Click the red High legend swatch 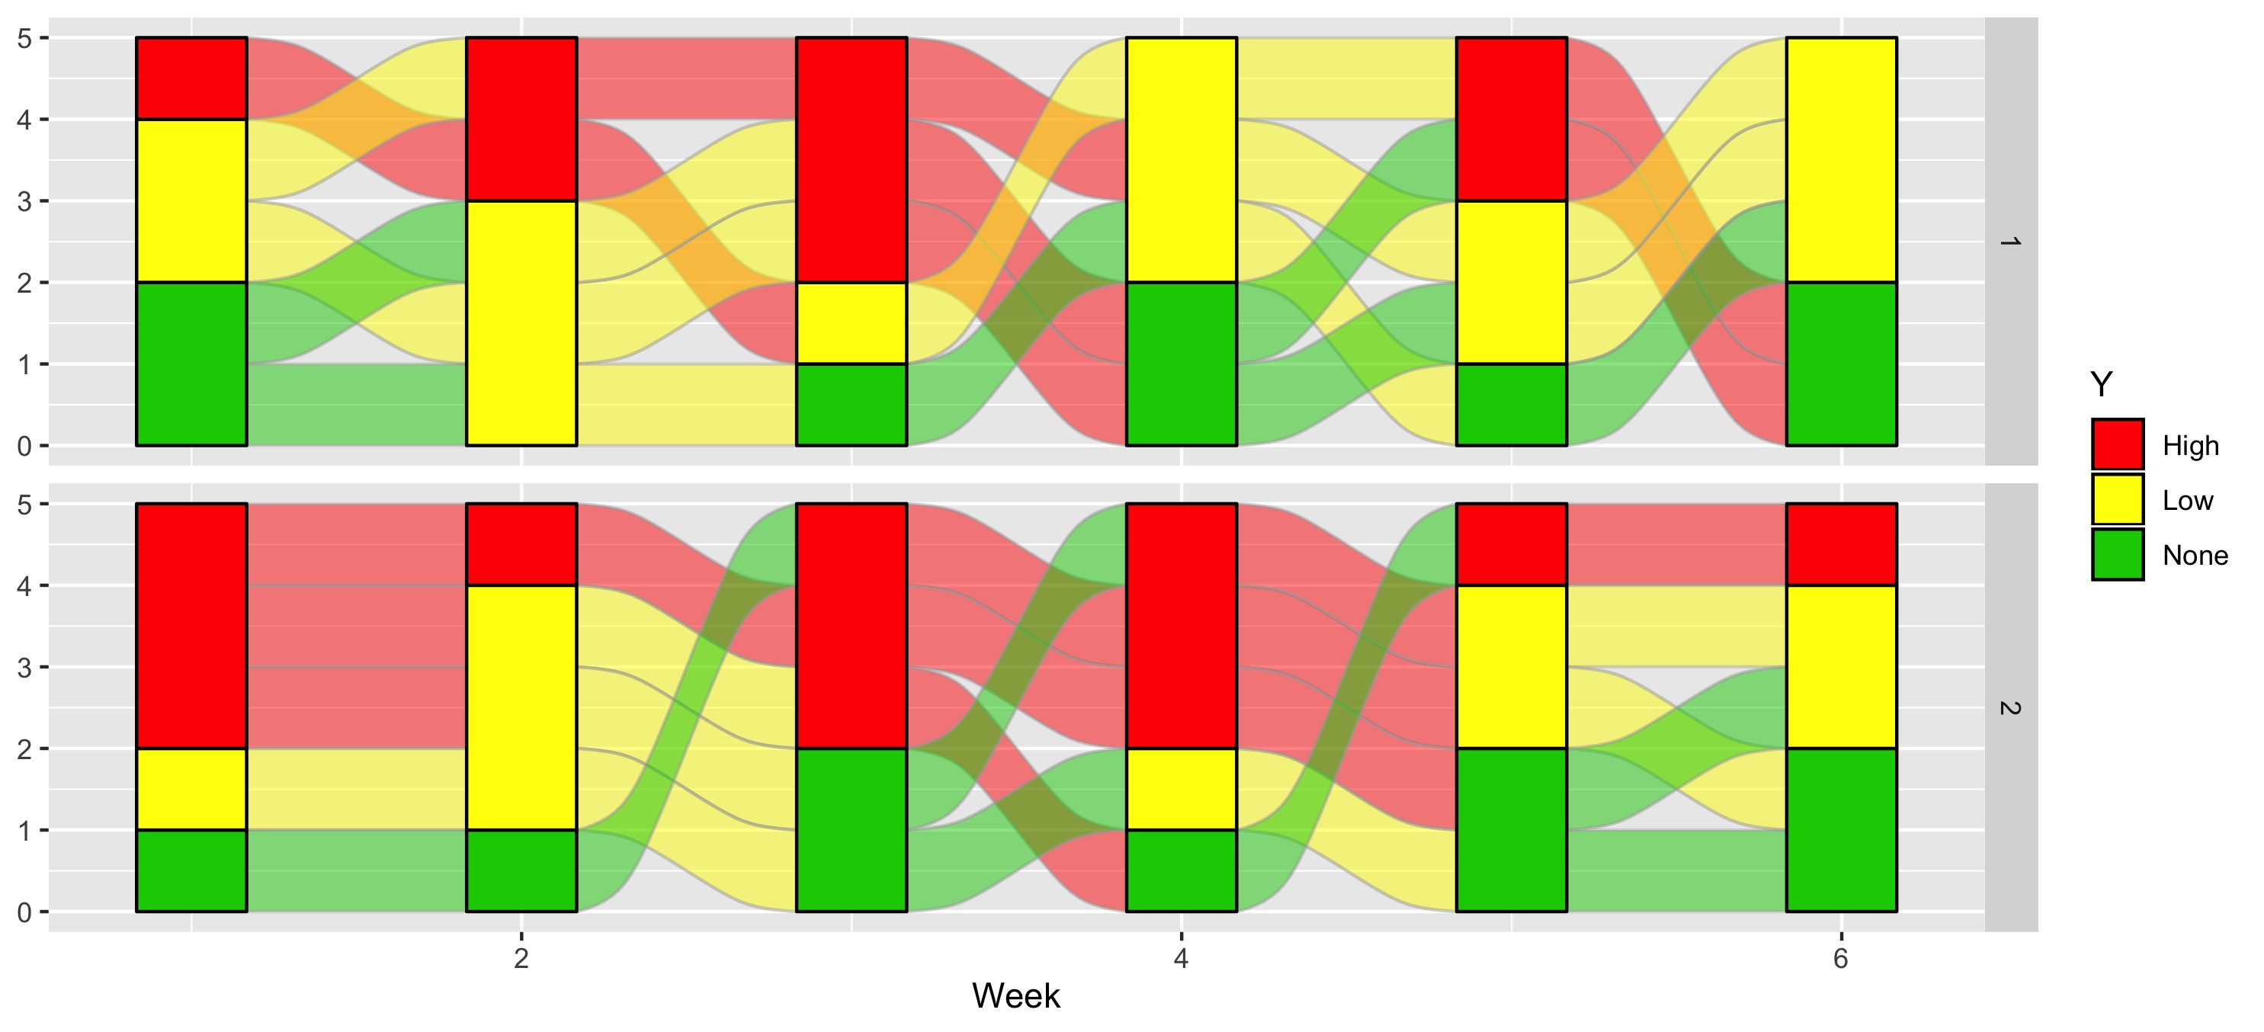click(x=2117, y=445)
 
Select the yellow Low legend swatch click(x=2117, y=500)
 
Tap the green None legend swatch click(x=2117, y=555)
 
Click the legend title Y click(x=2101, y=385)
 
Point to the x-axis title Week click(x=1015, y=996)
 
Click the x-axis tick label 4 click(x=1180, y=958)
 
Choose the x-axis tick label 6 click(x=1840, y=958)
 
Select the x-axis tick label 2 click(x=521, y=958)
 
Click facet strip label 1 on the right click(x=2009, y=242)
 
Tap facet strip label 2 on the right click(x=2009, y=707)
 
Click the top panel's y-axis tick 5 click(x=24, y=39)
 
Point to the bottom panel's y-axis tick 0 click(x=24, y=912)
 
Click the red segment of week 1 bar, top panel click(x=191, y=79)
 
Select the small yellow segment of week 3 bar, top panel click(x=851, y=322)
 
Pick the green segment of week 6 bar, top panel click(x=1840, y=364)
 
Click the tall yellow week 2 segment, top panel click(x=521, y=322)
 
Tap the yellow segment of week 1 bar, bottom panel click(x=191, y=789)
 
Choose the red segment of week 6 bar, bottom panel click(x=1840, y=544)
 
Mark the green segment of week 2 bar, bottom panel click(x=521, y=870)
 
